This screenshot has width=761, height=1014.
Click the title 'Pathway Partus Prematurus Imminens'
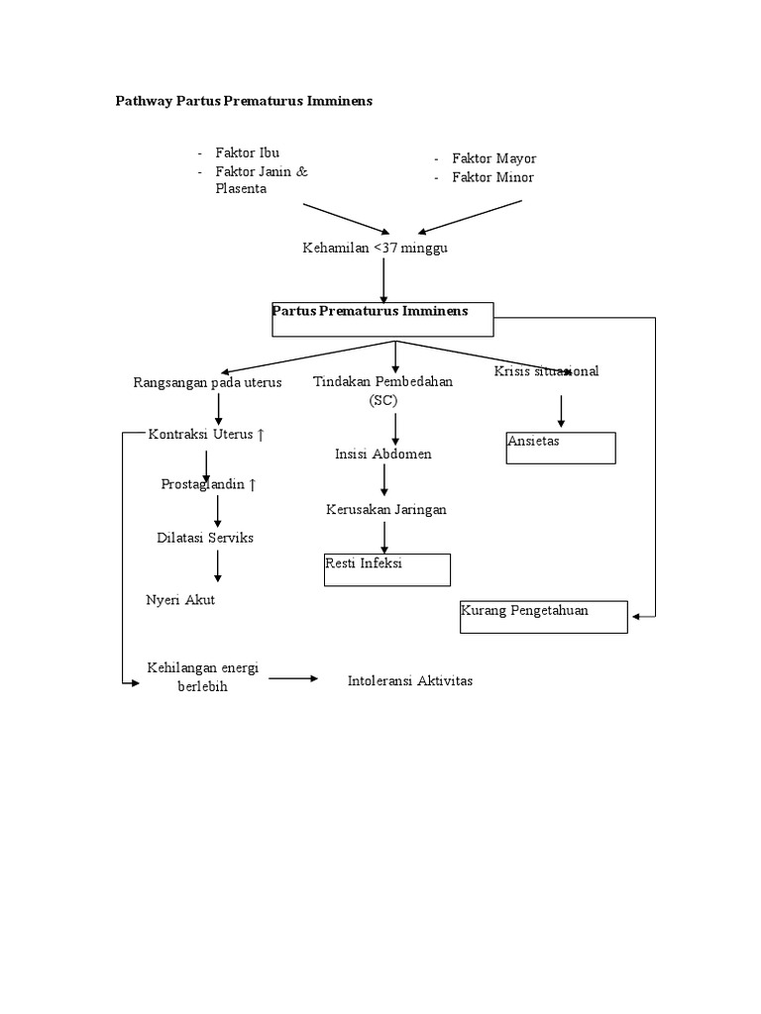pos(244,102)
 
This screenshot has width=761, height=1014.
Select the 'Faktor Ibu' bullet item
pos(247,153)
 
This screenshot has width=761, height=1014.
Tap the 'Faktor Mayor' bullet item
pos(493,158)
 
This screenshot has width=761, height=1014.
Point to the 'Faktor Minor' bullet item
pos(492,177)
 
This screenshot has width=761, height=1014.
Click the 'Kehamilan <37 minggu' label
pos(375,248)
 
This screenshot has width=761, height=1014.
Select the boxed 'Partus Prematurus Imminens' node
pos(382,319)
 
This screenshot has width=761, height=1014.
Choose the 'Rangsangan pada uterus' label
pos(207,382)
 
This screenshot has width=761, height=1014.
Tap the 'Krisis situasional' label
pos(546,371)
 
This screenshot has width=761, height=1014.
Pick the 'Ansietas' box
pos(560,448)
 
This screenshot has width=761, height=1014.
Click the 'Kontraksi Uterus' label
pos(207,435)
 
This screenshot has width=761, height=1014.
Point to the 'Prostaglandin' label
pos(209,484)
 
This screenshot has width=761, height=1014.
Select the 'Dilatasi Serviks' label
pos(205,537)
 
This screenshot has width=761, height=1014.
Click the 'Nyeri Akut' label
pos(180,600)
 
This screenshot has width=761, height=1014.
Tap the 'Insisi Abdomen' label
pos(382,455)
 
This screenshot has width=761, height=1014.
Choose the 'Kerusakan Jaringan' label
pos(386,510)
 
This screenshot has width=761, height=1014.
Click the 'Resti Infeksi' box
pos(386,569)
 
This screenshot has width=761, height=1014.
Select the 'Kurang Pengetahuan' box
pos(543,616)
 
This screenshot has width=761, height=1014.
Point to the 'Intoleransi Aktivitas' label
pos(410,681)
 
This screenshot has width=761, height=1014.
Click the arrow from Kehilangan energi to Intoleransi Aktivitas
pos(293,679)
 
